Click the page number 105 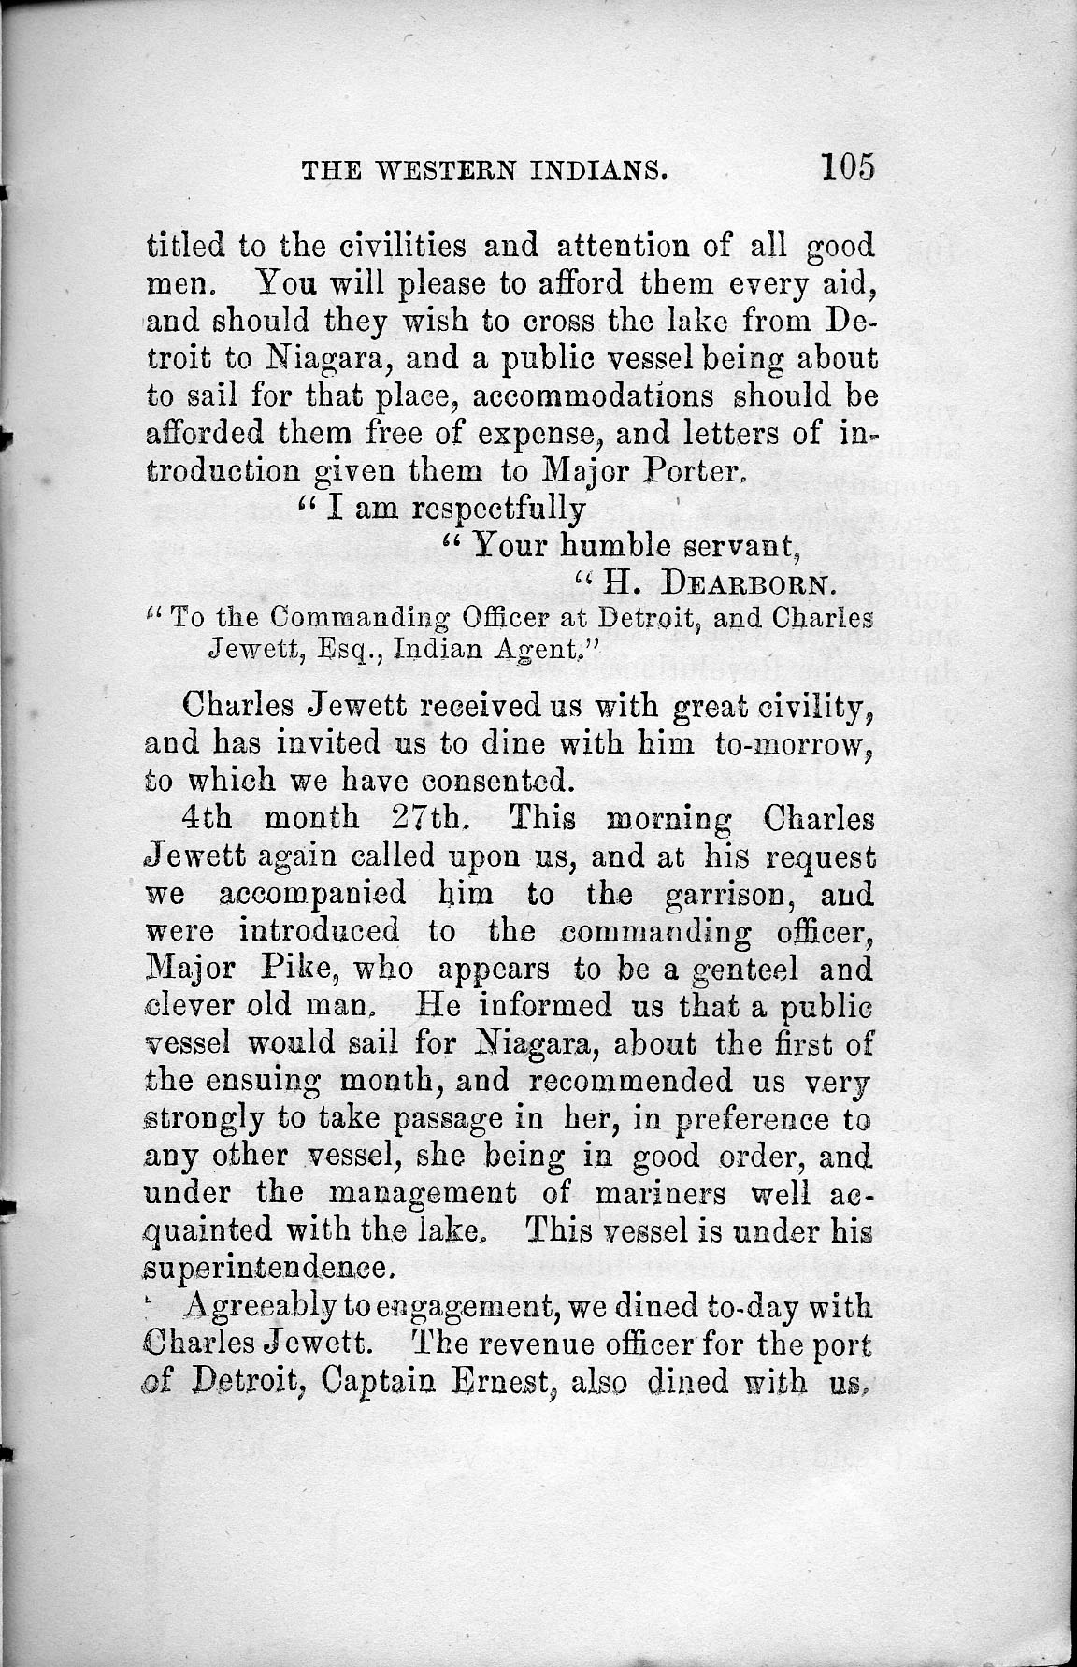click(847, 167)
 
